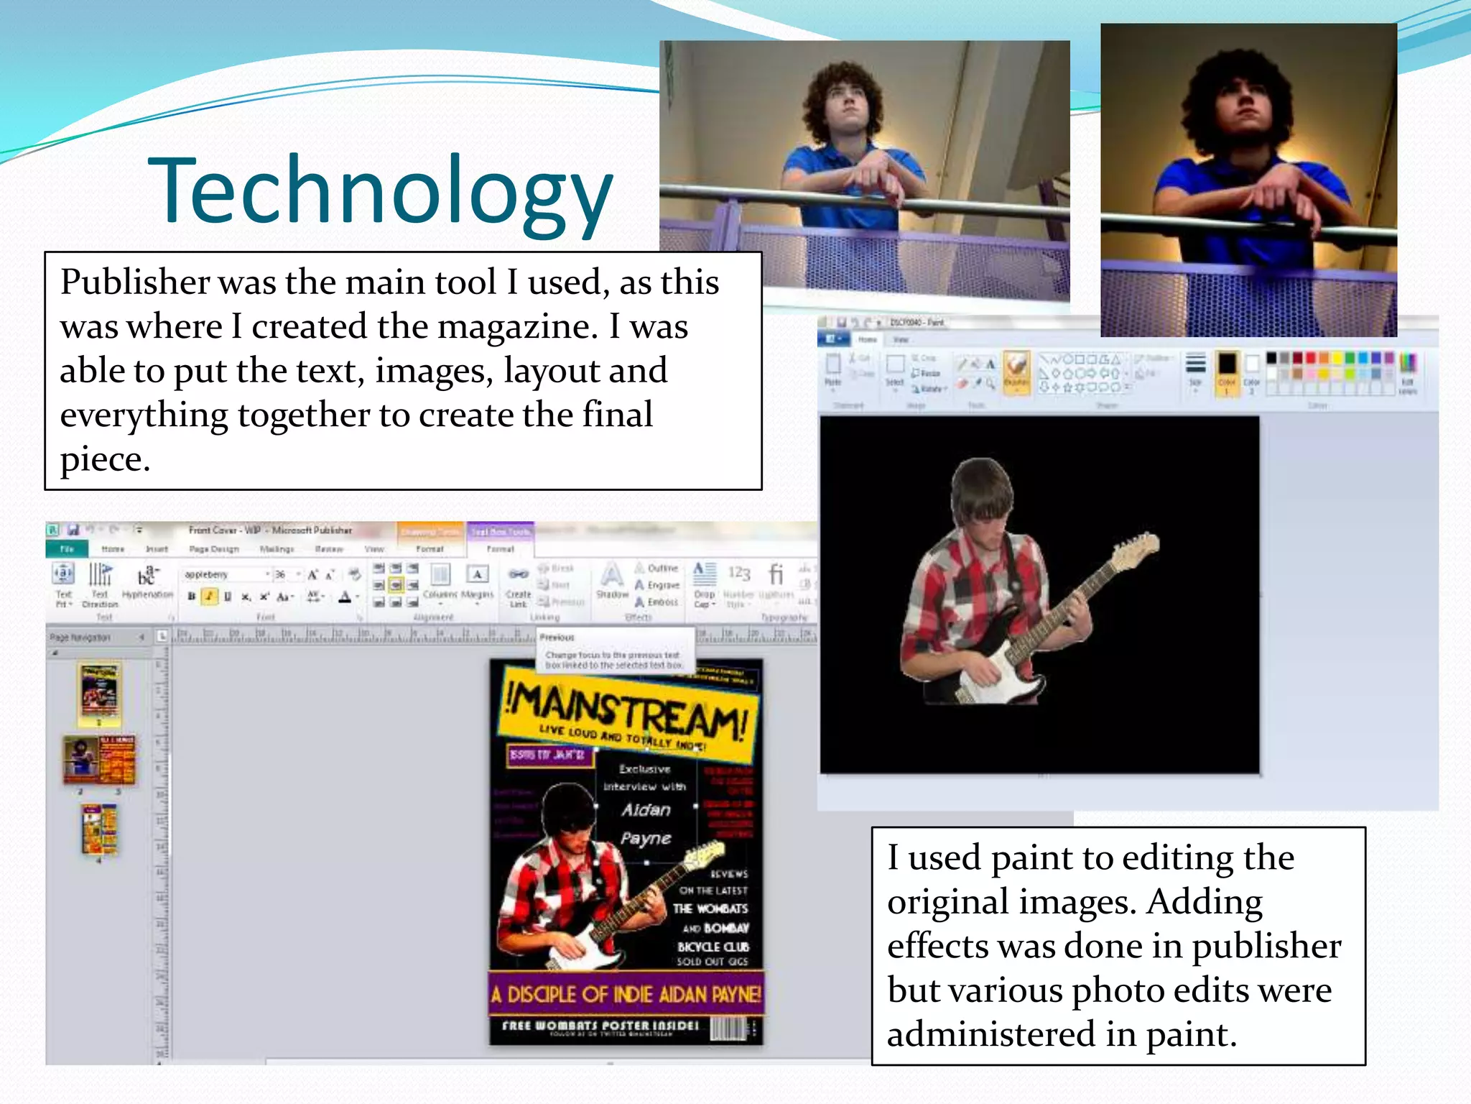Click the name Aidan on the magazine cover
[646, 810]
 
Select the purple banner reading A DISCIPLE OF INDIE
[626, 994]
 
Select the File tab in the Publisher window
[67, 549]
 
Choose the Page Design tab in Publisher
[214, 549]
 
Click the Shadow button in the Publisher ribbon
[611, 582]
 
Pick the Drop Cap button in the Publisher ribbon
[705, 584]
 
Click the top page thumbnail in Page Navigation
[99, 694]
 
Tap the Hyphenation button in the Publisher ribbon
[147, 582]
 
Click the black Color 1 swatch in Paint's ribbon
[1227, 369]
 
